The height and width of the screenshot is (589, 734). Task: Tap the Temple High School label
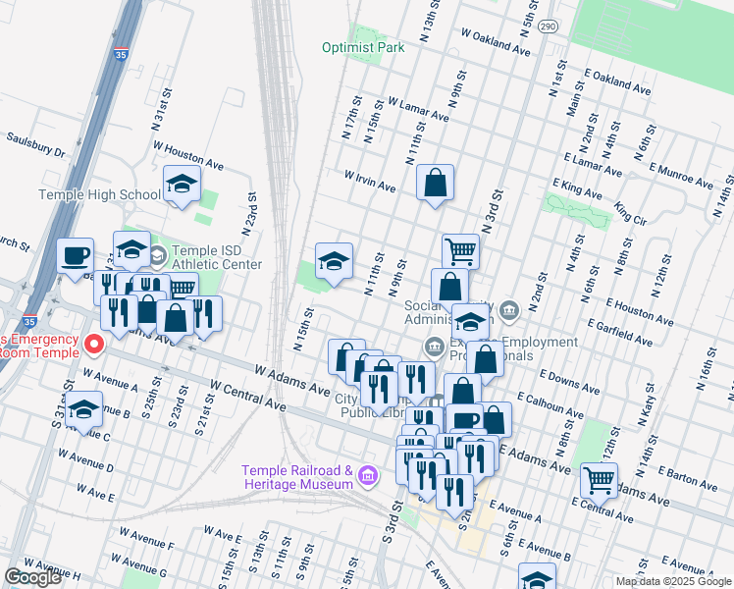(x=99, y=194)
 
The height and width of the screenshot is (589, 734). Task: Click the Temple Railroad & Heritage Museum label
(x=298, y=476)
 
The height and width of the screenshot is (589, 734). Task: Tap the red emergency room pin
(x=93, y=344)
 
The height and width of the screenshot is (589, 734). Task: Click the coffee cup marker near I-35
(x=76, y=256)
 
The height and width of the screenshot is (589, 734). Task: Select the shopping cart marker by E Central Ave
(x=599, y=481)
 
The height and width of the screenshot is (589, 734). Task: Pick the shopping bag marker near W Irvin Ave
(x=435, y=183)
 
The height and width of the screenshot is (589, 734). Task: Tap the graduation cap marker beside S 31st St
(x=84, y=409)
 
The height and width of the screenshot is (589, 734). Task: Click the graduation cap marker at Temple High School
(x=182, y=183)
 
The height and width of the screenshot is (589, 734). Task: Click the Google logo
(x=32, y=577)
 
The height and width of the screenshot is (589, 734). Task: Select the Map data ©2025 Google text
(x=673, y=581)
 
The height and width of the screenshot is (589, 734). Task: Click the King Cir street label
(x=630, y=212)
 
